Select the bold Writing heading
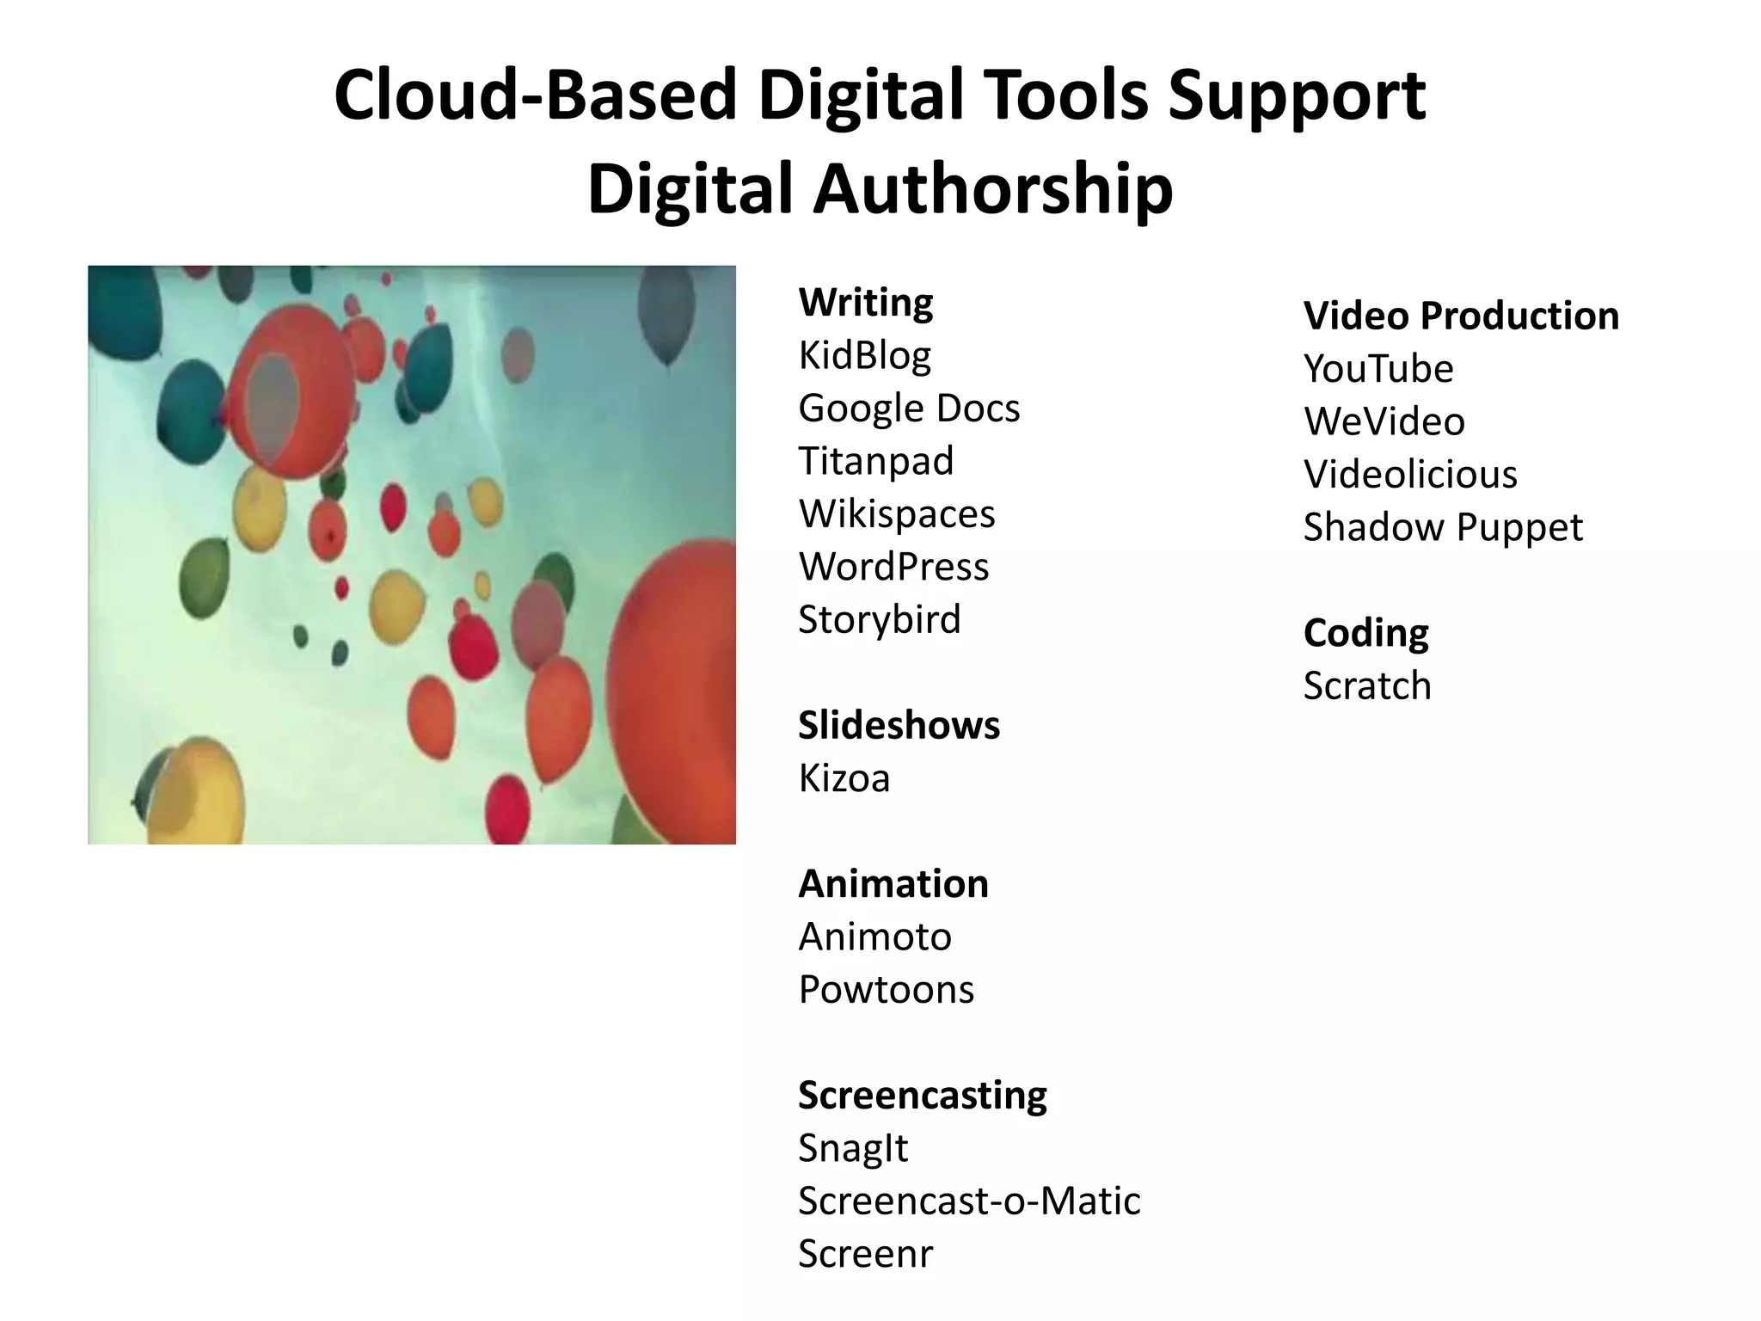(x=865, y=303)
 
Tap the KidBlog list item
(x=864, y=355)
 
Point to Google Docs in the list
(x=909, y=408)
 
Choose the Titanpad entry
(x=875, y=461)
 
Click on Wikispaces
(x=896, y=513)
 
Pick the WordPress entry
(x=893, y=567)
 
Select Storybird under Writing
(x=879, y=619)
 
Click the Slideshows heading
(x=899, y=725)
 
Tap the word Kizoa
(x=844, y=778)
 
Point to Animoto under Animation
(x=874, y=937)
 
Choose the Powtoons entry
(x=886, y=990)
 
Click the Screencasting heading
(x=922, y=1095)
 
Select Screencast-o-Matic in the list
(x=969, y=1201)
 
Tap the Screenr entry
(x=864, y=1254)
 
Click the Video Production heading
(x=1461, y=316)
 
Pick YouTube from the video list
(x=1378, y=369)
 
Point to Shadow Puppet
(x=1442, y=527)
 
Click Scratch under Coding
(x=1367, y=686)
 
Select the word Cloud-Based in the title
(x=535, y=95)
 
